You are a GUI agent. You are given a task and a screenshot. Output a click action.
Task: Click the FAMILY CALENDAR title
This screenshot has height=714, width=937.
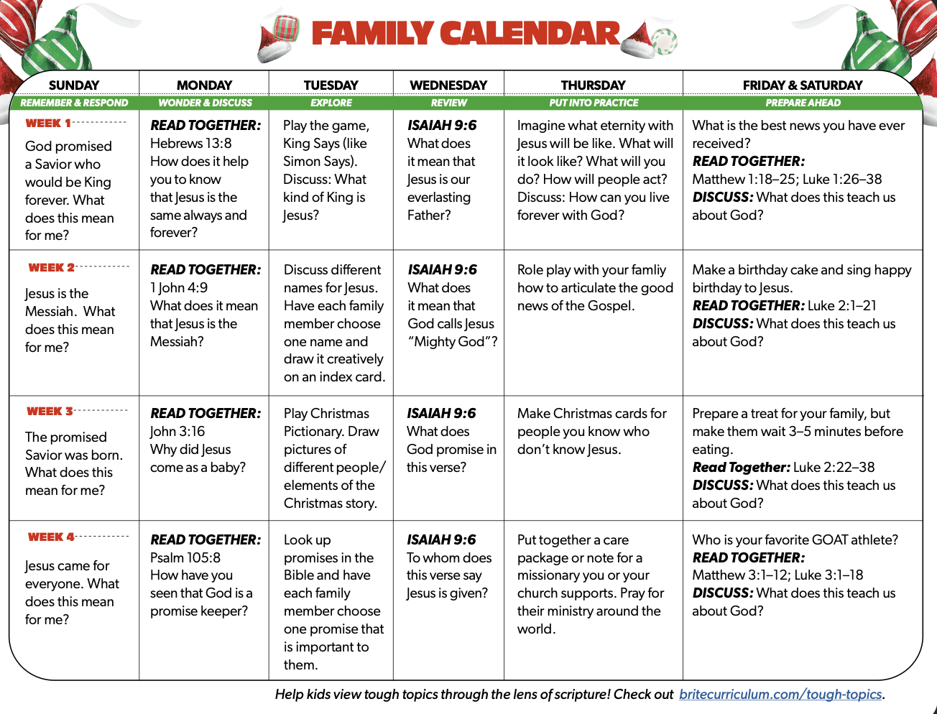coord(465,34)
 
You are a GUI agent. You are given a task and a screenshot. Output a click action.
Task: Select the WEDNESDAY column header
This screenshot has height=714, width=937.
coord(448,85)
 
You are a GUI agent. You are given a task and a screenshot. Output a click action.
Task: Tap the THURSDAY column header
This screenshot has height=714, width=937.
coord(593,85)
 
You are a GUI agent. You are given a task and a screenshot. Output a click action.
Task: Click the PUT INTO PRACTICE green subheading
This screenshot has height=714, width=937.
coord(594,103)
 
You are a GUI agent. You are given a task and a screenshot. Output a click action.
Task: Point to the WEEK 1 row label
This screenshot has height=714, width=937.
coord(48,124)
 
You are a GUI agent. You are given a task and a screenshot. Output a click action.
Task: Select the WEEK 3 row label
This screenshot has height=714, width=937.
coord(50,412)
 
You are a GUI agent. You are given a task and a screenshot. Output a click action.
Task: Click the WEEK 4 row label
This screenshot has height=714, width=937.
coord(51,537)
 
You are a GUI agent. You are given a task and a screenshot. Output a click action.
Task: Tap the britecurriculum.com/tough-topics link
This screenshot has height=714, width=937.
coord(780,695)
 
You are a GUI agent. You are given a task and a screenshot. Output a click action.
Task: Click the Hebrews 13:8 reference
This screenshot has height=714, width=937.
coord(190,143)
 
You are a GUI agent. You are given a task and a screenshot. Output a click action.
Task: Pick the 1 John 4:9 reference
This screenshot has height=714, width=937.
coord(179,287)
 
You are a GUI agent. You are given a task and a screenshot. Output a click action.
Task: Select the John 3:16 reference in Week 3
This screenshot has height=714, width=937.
coord(177,431)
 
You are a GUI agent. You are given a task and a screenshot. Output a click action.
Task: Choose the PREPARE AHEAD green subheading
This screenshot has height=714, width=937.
coord(803,103)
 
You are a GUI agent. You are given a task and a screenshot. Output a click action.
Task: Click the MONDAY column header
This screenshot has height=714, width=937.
coord(204,85)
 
